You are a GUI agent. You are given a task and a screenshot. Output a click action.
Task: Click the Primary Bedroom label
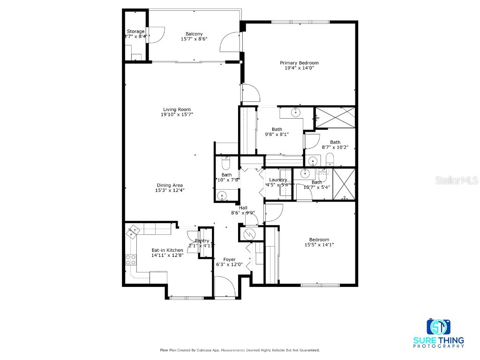[x=299, y=63]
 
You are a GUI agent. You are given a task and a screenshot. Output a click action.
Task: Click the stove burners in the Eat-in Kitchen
[x=130, y=259]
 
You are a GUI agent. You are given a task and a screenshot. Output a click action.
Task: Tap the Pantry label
[x=202, y=241]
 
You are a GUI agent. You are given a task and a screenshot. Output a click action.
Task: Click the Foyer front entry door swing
[x=225, y=287]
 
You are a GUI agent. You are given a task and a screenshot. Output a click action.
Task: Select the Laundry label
[x=278, y=180]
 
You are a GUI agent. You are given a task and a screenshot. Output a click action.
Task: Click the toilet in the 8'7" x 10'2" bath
[x=329, y=159]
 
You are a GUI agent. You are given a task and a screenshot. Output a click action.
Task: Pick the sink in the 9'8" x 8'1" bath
[x=295, y=113]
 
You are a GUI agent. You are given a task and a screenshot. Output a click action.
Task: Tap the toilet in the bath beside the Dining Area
[x=225, y=164]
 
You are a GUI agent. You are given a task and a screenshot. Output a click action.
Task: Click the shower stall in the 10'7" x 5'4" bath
[x=344, y=184]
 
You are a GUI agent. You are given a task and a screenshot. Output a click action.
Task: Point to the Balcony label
[x=194, y=34]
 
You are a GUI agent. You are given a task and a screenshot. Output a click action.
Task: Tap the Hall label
[x=243, y=208]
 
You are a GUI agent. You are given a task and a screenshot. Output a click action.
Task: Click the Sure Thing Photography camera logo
[x=438, y=326]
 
